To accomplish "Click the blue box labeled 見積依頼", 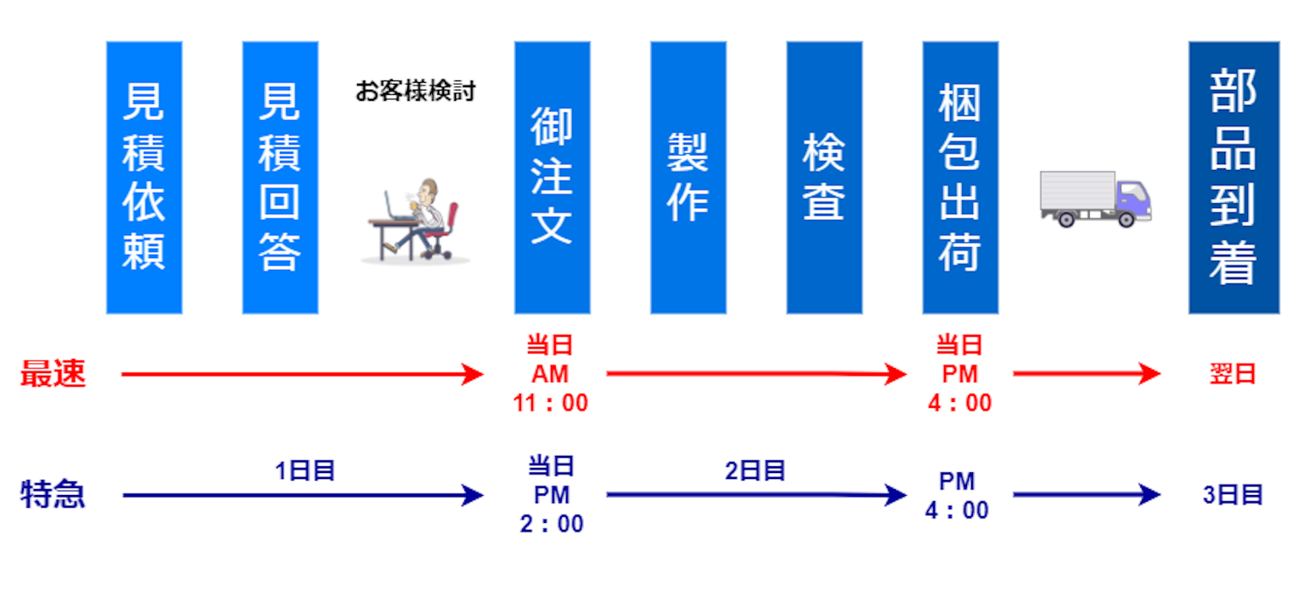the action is [144, 178].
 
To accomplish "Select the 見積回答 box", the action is [280, 178].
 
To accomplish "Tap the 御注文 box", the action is [552, 178].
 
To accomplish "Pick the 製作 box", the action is [688, 178].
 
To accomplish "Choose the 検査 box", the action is [824, 178].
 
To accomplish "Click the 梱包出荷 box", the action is [960, 178].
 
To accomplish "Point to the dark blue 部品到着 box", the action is [1234, 178].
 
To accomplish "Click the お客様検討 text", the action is [415, 91].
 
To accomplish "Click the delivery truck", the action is [1096, 199].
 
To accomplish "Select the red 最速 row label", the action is [53, 373].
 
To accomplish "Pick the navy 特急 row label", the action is [53, 494].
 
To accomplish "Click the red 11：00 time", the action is [551, 403].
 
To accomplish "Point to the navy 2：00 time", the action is [552, 524].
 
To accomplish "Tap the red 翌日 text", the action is [1233, 374].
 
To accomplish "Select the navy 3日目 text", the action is [1233, 495].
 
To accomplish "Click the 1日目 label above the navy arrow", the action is [305, 470].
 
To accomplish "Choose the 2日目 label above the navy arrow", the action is [755, 470].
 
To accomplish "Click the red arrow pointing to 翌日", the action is [1087, 373].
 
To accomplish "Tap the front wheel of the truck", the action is [1126, 219].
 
